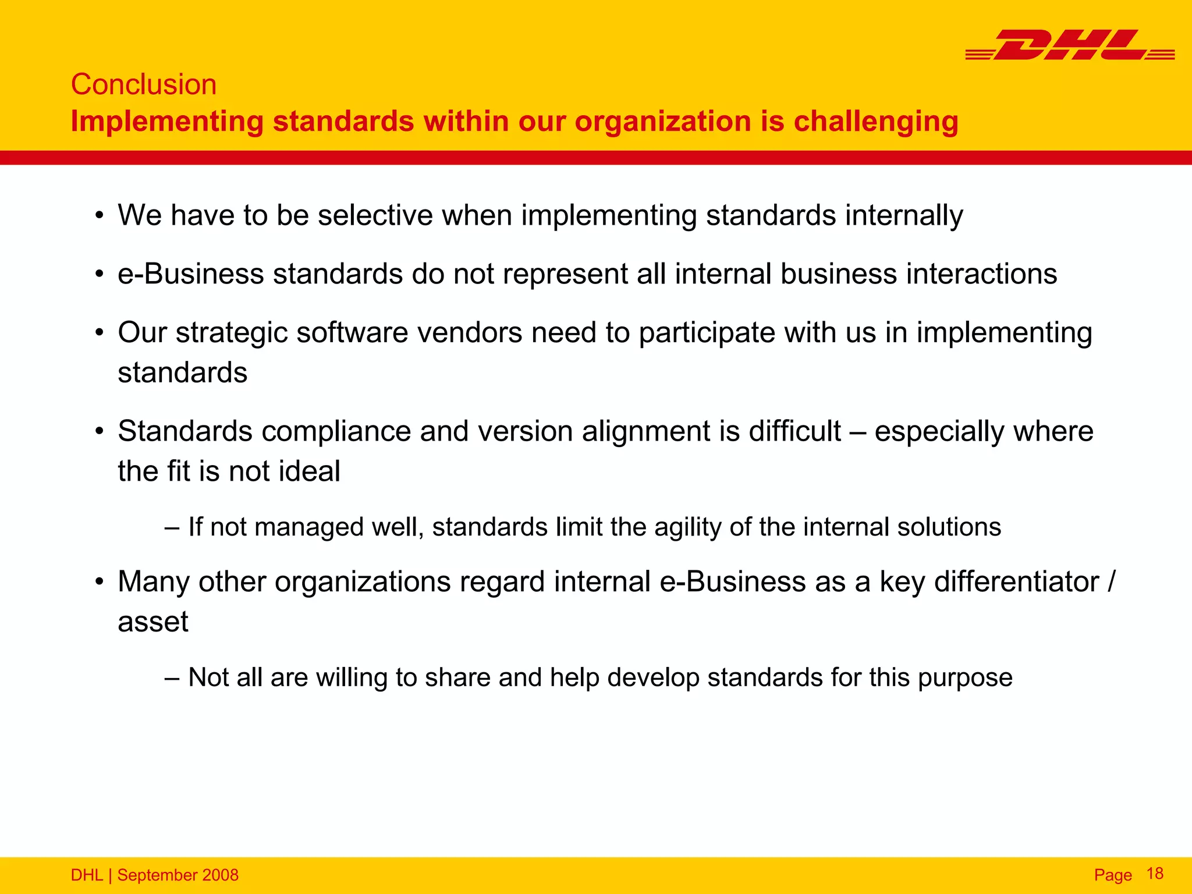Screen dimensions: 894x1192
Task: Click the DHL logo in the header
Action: tap(1070, 45)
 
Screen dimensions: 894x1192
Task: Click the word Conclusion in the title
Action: tap(144, 84)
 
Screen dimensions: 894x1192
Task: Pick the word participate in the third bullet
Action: tap(707, 333)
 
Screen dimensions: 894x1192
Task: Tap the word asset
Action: tap(153, 622)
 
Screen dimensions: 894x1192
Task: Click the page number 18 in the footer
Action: tap(1155, 874)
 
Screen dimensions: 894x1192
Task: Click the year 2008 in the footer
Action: tap(220, 875)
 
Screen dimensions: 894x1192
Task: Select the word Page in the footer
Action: tap(1113, 875)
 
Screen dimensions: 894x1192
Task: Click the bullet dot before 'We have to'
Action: tap(100, 216)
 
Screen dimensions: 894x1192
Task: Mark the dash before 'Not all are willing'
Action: tap(172, 677)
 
